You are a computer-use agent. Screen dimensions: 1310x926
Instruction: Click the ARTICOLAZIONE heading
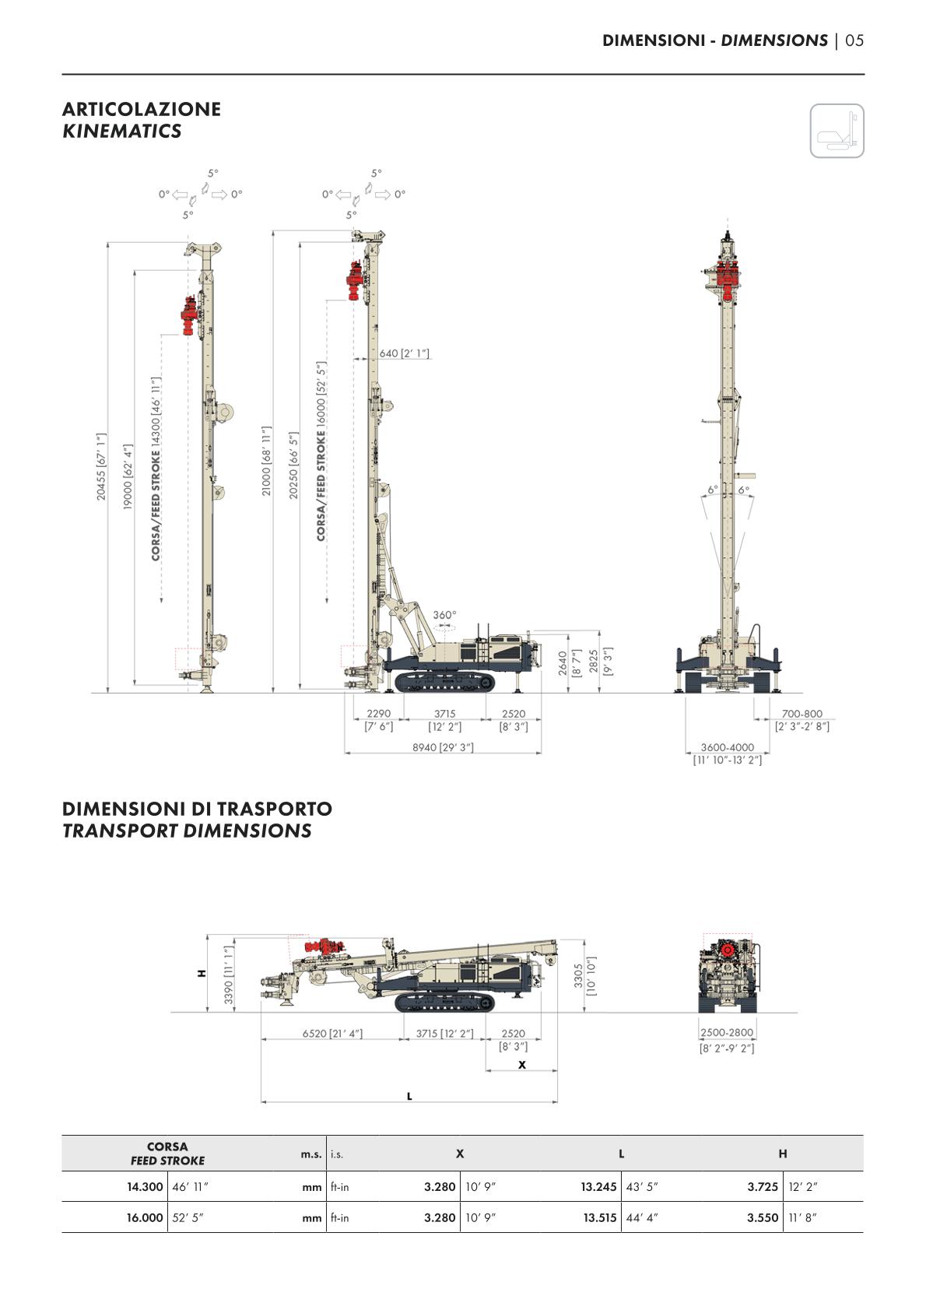(141, 109)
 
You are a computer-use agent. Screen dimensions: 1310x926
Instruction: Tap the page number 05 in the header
(854, 40)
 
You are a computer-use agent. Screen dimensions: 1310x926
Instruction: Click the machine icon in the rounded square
(837, 131)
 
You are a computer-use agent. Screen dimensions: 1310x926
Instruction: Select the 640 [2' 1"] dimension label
(404, 353)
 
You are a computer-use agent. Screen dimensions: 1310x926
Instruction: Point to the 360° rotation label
(444, 615)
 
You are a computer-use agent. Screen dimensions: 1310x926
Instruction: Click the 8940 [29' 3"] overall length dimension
(443, 747)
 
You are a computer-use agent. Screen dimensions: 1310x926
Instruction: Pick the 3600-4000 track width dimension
(727, 747)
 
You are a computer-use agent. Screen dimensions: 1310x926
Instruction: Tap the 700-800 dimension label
(801, 714)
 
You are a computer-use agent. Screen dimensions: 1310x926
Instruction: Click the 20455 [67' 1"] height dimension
(101, 467)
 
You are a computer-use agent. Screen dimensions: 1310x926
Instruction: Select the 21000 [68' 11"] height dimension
(266, 461)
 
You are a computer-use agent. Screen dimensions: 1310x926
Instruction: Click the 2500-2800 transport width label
(727, 1033)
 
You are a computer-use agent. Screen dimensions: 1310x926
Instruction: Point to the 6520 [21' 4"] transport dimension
(332, 1034)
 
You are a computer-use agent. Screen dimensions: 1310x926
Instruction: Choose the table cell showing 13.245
(598, 1187)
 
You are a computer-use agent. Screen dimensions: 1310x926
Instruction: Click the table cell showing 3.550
(763, 1217)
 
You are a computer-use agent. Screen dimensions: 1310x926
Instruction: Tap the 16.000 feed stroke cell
(145, 1217)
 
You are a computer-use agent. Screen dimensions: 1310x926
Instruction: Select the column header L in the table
(621, 1154)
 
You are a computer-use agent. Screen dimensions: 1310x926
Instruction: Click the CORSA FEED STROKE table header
(167, 1154)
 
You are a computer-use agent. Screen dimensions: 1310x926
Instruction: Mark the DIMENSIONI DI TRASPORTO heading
(197, 809)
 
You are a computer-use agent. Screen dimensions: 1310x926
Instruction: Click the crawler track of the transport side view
(444, 1003)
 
